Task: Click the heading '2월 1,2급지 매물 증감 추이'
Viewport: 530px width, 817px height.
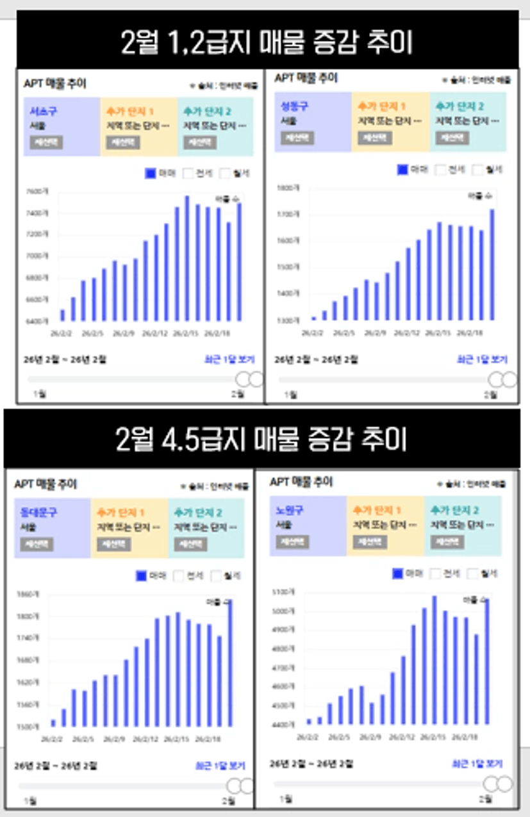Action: point(267,43)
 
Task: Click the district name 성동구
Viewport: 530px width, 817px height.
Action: point(295,106)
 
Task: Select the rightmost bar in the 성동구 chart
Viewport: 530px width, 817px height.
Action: point(492,264)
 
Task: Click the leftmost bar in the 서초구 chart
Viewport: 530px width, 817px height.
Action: point(62,315)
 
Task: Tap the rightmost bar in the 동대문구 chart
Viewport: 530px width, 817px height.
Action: point(230,663)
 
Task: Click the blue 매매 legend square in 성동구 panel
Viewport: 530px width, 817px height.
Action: point(403,170)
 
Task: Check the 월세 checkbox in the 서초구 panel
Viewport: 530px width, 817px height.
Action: point(226,173)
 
